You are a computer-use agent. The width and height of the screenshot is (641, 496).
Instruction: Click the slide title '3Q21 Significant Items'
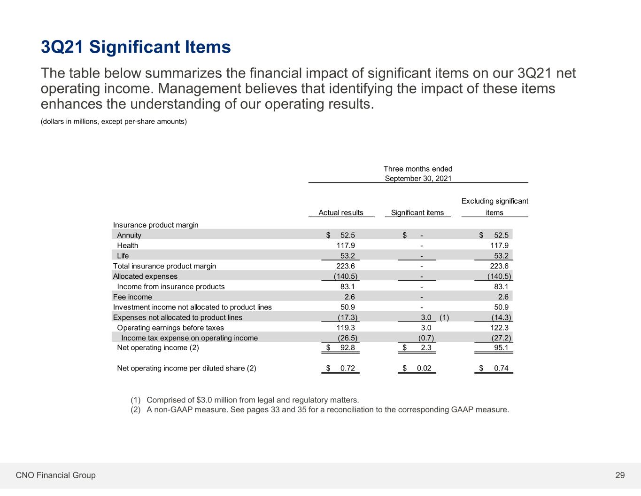click(136, 47)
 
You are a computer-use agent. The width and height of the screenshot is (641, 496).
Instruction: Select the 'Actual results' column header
click(341, 213)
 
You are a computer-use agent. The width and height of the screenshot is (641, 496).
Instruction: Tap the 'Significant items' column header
click(417, 213)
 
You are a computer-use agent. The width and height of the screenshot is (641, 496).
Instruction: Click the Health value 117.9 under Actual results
click(346, 245)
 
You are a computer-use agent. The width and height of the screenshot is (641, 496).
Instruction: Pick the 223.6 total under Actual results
click(346, 266)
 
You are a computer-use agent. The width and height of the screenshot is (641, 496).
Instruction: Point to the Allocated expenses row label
click(145, 276)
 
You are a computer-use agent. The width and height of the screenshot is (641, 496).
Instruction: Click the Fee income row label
click(132, 297)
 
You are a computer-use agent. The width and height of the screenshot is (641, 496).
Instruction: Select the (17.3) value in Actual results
click(348, 317)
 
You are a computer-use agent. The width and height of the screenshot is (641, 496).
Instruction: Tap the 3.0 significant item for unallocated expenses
click(426, 317)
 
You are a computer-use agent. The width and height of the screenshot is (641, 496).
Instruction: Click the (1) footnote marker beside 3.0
click(444, 317)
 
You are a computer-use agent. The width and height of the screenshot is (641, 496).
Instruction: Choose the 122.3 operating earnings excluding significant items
click(499, 328)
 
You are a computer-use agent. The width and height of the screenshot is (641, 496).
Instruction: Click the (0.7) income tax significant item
click(426, 338)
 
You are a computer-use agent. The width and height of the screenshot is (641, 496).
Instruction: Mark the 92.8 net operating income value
click(348, 347)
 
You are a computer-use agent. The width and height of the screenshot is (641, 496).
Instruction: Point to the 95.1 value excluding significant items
click(501, 347)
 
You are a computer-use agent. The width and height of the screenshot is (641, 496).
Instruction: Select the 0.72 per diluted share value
click(348, 368)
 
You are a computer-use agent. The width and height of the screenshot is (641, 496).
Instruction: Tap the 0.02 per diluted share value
click(424, 368)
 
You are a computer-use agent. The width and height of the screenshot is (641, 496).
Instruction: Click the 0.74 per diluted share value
click(501, 368)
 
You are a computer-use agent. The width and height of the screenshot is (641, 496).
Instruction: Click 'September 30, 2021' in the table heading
click(418, 178)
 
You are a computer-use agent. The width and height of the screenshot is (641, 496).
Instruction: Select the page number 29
click(620, 475)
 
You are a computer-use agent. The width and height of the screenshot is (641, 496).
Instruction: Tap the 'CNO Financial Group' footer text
click(55, 475)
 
